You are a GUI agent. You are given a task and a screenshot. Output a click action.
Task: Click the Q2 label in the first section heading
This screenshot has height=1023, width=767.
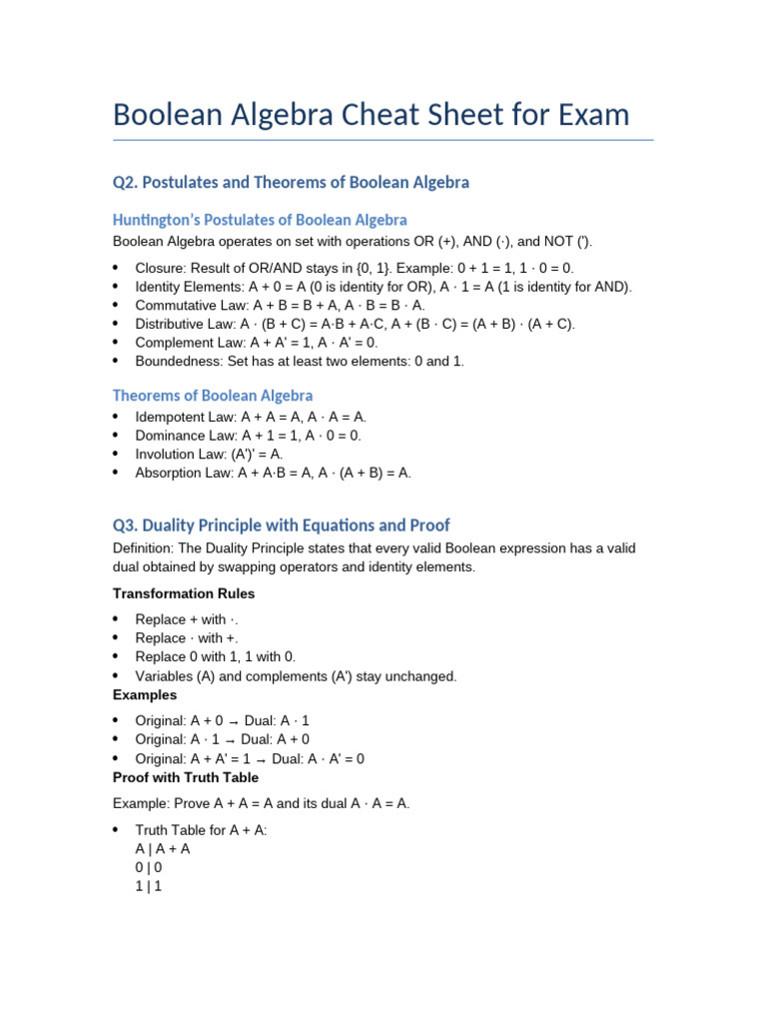pyautogui.click(x=124, y=183)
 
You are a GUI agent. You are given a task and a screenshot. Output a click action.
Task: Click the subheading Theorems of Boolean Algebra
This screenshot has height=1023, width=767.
pyautogui.click(x=213, y=396)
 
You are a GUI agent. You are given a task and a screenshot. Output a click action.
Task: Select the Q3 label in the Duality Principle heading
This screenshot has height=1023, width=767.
pyautogui.click(x=124, y=525)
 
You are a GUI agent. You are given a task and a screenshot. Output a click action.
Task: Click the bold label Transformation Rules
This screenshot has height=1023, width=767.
pyautogui.click(x=184, y=593)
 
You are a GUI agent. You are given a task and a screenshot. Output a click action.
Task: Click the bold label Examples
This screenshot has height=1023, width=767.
pyautogui.click(x=145, y=694)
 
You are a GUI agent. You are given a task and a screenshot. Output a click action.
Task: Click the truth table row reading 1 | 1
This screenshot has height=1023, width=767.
pyautogui.click(x=149, y=885)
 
